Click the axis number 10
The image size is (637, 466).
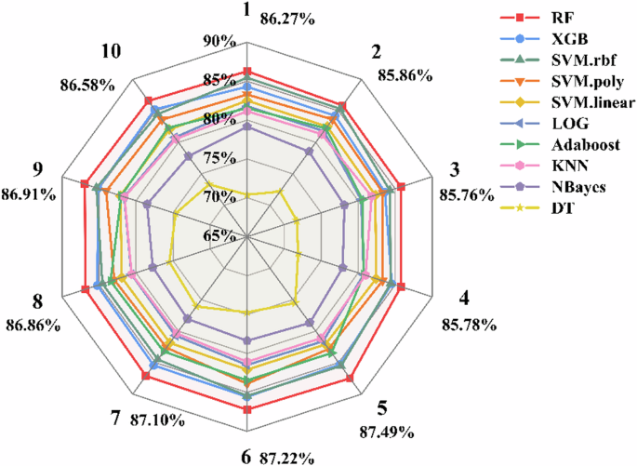click(x=111, y=52)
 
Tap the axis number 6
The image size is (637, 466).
click(x=246, y=456)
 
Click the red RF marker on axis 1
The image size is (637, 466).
click(x=247, y=71)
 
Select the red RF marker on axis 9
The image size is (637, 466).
click(x=85, y=183)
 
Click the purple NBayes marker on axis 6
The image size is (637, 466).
click(x=247, y=340)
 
